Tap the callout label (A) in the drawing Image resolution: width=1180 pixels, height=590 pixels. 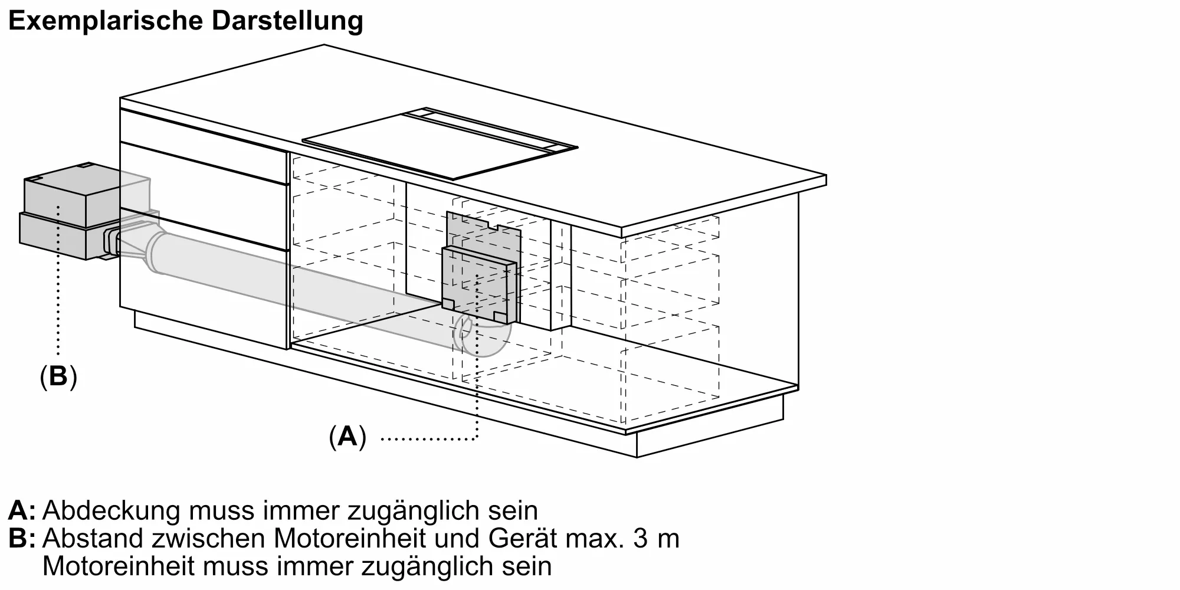pos(348,437)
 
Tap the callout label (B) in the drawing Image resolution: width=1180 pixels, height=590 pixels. pos(58,376)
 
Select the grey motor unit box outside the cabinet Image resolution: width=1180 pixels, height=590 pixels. pos(65,215)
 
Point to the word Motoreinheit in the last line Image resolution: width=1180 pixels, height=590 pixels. pos(119,566)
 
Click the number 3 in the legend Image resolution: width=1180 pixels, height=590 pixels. pos(641,539)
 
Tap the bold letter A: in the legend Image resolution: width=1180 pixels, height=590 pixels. pos(22,511)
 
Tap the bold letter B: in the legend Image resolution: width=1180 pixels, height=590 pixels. pos(22,539)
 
